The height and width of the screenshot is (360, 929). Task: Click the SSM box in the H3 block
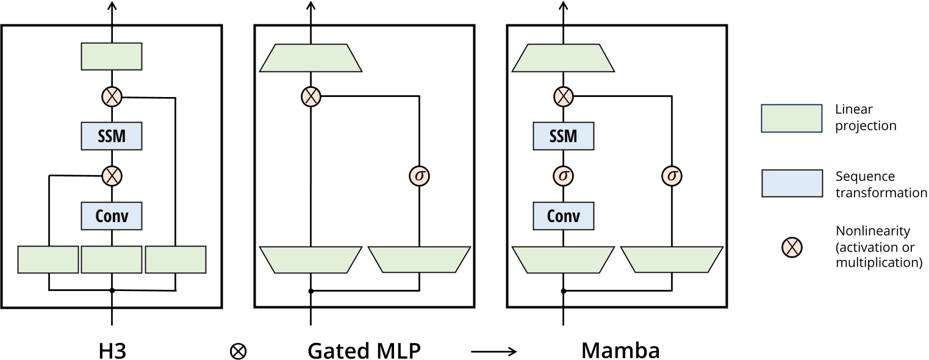[112, 136]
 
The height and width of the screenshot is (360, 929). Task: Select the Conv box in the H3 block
[112, 215]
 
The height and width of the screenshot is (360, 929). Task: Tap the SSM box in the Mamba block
[563, 136]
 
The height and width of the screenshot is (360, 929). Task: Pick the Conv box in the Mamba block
[563, 215]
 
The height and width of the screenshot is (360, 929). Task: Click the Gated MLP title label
[364, 351]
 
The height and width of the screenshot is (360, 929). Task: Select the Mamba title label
[620, 351]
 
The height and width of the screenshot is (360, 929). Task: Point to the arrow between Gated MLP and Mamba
[494, 351]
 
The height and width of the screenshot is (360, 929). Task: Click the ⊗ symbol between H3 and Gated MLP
[239, 351]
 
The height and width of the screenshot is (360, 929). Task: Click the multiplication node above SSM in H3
[112, 96]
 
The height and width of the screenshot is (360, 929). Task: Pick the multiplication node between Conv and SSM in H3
[112, 176]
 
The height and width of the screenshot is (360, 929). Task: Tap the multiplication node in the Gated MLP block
[311, 96]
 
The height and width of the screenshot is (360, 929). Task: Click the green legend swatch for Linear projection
[792, 117]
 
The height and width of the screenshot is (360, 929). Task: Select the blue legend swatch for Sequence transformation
[792, 184]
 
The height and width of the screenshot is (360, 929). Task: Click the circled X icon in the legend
[792, 247]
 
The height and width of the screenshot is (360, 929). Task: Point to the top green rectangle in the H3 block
[112, 56]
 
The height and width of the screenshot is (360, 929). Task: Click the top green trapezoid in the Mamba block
[563, 57]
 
